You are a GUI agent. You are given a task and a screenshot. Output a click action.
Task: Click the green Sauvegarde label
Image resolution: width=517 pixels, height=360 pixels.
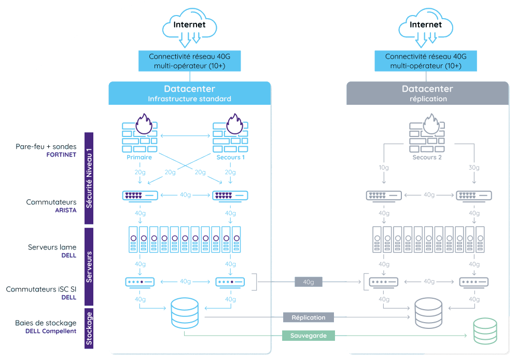309,336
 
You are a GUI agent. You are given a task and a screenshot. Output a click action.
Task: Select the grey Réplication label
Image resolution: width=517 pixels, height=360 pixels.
309,317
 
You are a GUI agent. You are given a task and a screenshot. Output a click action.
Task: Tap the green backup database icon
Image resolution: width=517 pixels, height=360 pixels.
485,331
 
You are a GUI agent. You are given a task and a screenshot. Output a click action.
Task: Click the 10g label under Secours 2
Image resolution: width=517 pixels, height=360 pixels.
383,168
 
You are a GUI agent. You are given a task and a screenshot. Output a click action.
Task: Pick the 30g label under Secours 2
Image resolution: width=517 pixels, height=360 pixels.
473,168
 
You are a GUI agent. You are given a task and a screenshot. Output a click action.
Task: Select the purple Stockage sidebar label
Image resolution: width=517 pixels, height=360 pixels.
89,328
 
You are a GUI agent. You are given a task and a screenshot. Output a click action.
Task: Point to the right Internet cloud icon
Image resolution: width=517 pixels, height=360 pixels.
426,26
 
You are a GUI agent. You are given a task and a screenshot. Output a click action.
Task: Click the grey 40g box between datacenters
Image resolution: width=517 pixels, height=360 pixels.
309,282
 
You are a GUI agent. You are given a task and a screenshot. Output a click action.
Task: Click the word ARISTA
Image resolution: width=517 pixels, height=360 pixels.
65,211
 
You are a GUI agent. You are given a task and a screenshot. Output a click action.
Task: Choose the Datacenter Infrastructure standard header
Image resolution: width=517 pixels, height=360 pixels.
189,93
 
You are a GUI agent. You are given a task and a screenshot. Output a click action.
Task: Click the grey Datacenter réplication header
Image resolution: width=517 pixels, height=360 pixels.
428,93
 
